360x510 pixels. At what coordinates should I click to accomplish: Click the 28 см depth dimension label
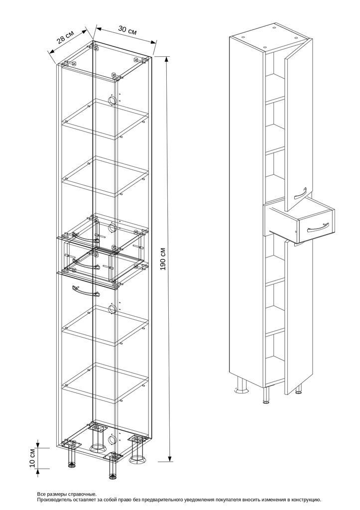pos(66,36)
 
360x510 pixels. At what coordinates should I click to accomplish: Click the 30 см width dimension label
pos(127,30)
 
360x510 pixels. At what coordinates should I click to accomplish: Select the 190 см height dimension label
pos(163,259)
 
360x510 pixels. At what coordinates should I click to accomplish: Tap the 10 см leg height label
pos(32,458)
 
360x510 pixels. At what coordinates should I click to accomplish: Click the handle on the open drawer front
pos(318,226)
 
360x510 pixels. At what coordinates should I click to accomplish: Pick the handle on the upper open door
pos(301,193)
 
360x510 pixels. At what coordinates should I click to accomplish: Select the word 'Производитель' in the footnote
pos(53,499)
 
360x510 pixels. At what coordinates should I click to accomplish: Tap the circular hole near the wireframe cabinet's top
pos(112,100)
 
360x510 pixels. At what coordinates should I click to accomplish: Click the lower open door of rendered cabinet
pos(298,317)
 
